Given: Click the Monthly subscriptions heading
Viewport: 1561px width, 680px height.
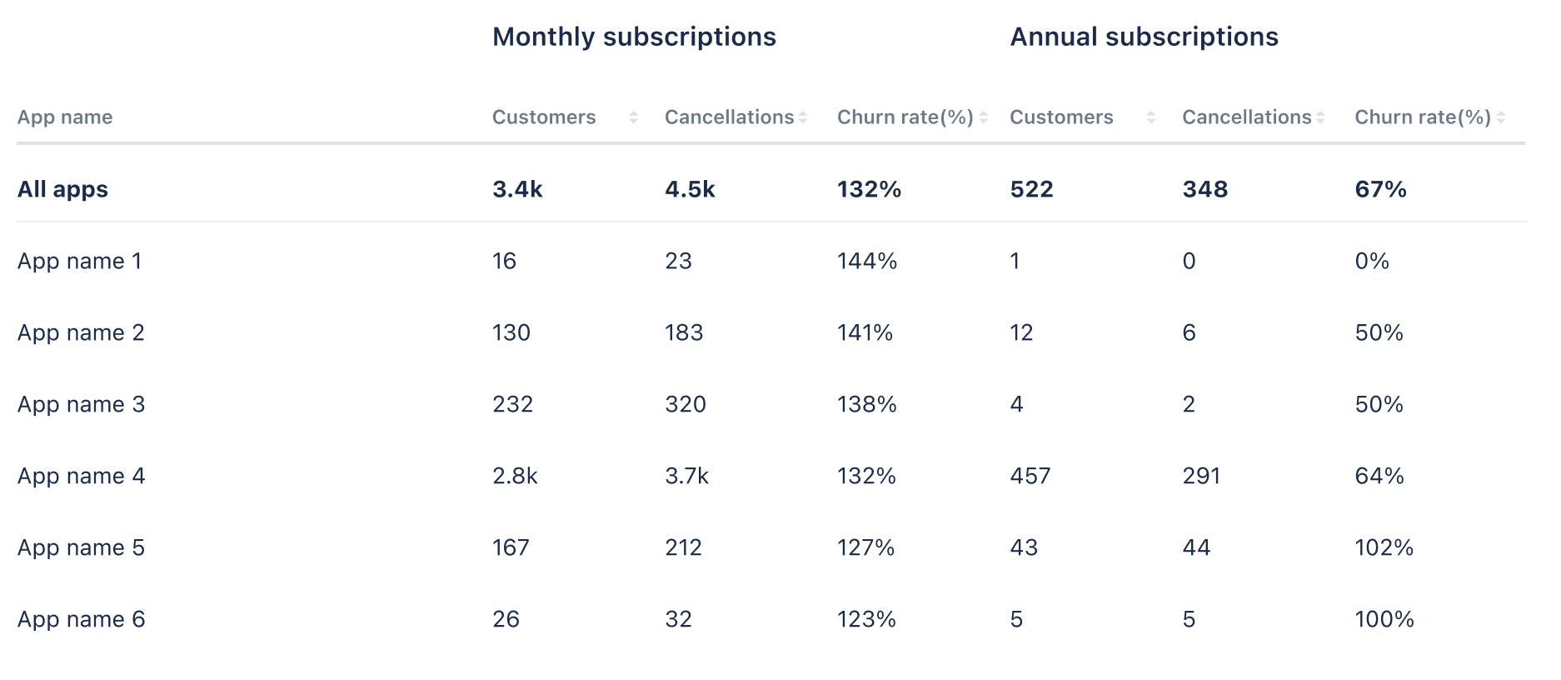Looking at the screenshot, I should pos(634,37).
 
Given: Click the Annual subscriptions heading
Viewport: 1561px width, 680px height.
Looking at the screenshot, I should pos(1144,37).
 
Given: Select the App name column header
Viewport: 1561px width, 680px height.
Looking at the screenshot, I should pos(65,117).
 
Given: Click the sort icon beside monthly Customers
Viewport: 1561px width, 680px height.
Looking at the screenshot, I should pos(633,117).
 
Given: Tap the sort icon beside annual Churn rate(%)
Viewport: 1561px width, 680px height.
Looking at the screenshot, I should pos(1501,117).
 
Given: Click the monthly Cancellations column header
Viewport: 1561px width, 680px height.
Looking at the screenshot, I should pos(729,117).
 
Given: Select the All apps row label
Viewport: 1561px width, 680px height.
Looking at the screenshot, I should pos(62,189).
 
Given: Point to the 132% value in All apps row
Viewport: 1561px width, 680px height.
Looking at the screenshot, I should pos(869,189).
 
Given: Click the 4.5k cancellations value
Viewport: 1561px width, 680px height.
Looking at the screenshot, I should pos(690,189).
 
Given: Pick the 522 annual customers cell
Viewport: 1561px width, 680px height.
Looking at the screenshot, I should pos(1031,189).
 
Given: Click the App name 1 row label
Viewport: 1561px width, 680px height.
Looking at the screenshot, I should pos(79,261).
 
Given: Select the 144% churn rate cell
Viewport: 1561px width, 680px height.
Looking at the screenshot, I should pos(867,261).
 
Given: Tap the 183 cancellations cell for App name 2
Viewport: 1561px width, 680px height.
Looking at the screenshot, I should pos(684,332).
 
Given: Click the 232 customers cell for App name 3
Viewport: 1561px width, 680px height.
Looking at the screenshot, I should pos(512,404).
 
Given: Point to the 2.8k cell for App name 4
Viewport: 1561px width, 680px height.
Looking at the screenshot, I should pos(515,476).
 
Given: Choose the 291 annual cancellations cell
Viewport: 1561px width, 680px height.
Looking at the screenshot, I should pos(1201,476).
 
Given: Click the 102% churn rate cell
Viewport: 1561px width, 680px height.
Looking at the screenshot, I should pos(1384,547).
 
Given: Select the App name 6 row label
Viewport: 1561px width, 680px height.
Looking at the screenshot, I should pos(81,619).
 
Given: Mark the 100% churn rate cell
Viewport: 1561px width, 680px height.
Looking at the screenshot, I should pos(1384,619).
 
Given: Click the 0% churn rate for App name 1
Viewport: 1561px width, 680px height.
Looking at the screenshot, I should pos(1372,261).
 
